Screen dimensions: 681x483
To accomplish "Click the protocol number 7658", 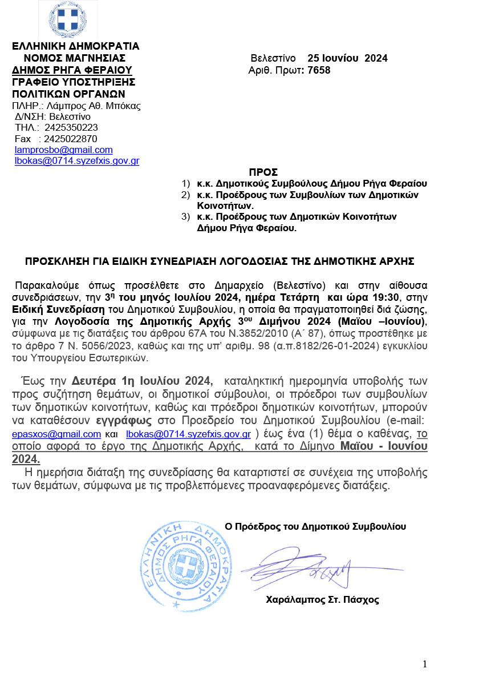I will pos(319,70).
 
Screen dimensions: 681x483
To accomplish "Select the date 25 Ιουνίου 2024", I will pos(347,58).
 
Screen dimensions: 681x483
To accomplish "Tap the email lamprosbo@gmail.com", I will pos(63,150).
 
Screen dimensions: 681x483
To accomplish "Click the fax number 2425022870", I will pos(71,139).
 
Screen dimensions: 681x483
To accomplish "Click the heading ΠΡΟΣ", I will pos(263,172).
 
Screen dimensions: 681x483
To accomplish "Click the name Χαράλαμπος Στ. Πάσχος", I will pos(322,599).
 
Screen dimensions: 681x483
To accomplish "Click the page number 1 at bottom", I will pos(425,663).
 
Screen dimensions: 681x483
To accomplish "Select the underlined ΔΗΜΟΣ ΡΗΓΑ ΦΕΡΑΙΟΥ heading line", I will pos(72,70).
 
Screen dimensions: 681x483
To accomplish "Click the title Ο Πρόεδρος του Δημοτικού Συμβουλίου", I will pos(316,526).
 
